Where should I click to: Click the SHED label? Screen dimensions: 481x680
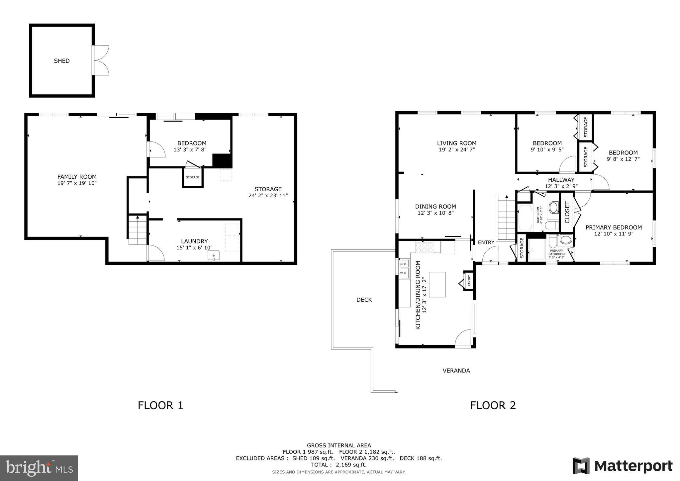[x=62, y=61]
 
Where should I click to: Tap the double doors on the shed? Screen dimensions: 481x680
[x=101, y=60]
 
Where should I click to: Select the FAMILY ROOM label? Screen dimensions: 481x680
[x=77, y=177]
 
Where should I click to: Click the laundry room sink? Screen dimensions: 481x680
[x=214, y=255]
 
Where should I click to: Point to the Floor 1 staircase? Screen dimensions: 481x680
[x=138, y=230]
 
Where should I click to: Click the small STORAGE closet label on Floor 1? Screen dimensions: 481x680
[x=193, y=177]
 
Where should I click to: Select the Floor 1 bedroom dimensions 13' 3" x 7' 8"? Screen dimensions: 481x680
[x=190, y=150]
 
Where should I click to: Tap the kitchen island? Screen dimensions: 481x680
[x=437, y=284]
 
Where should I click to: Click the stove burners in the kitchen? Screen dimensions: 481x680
[x=424, y=247]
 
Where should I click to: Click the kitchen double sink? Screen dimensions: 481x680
[x=404, y=269]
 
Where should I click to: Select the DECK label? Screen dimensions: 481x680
[x=364, y=300]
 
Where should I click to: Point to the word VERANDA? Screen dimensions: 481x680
[x=456, y=371]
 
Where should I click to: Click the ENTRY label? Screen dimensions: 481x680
[x=486, y=242]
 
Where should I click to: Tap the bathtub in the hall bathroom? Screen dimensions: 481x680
[x=525, y=218]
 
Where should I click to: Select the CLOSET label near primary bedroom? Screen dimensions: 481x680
[x=567, y=212]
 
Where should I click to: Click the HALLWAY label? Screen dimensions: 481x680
[x=561, y=180]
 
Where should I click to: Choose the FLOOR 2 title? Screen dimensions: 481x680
[x=493, y=405]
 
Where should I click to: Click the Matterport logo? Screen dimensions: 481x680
[x=623, y=466]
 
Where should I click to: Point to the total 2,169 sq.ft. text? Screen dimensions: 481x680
[x=339, y=465]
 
